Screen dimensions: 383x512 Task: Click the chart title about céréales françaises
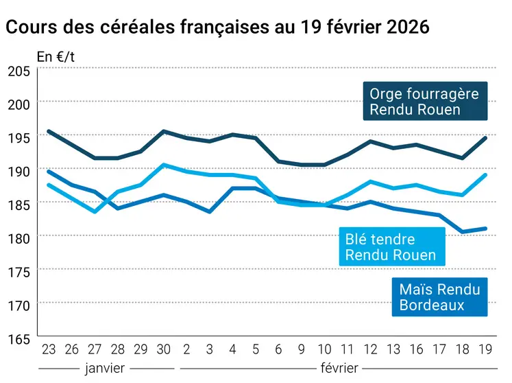tap(217, 27)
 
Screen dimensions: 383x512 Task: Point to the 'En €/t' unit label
tap(56, 57)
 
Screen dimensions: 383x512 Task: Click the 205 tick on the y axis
tap(19, 71)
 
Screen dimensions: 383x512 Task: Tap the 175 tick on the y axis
tap(19, 271)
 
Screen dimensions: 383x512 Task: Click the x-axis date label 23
tap(48, 349)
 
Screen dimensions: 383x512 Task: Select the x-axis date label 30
tap(163, 349)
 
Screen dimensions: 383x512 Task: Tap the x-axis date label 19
tap(486, 349)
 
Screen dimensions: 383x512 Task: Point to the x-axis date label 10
tap(325, 349)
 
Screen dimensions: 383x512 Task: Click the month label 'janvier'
tap(105, 369)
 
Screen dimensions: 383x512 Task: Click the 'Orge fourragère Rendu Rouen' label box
tap(424, 102)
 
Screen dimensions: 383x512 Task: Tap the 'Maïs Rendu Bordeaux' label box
tap(439, 297)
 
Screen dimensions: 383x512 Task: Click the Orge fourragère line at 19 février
tap(486, 138)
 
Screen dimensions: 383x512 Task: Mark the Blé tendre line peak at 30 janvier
tap(163, 165)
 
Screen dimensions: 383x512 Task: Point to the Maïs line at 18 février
tap(463, 232)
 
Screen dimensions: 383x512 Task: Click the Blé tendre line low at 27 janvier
tap(94, 211)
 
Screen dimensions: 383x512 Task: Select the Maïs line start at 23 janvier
tap(48, 171)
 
